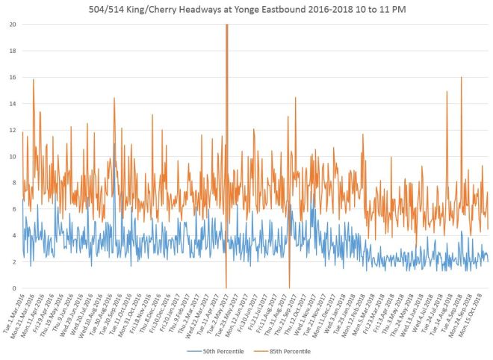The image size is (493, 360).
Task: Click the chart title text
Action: (246, 8)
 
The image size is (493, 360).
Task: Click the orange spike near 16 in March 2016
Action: (33, 80)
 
